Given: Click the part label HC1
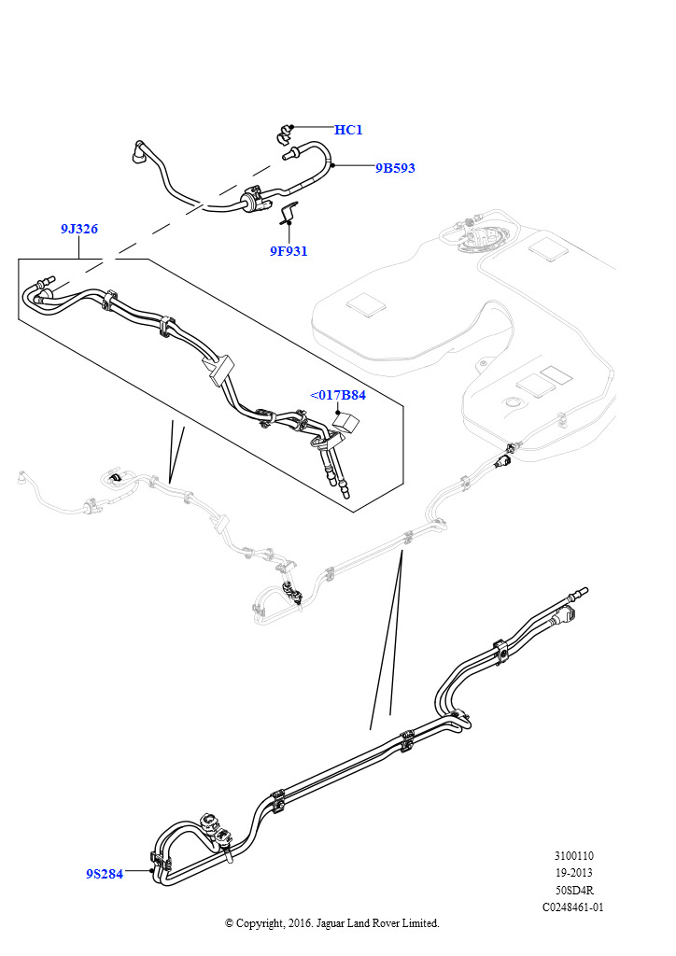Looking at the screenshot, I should (x=348, y=130).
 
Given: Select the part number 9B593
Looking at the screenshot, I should (x=395, y=168).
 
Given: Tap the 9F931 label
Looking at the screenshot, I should (x=289, y=250).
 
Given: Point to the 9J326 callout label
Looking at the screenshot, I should (x=79, y=229).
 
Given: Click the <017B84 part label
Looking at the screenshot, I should (x=338, y=395).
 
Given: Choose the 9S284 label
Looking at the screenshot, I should (x=105, y=874).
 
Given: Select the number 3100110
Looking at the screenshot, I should (x=573, y=855).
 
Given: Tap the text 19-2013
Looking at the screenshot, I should (x=573, y=872).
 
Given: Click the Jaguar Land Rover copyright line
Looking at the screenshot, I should (x=332, y=922).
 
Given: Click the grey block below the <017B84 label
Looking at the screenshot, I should (x=345, y=420).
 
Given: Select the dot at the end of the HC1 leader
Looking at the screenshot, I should (x=292, y=126).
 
